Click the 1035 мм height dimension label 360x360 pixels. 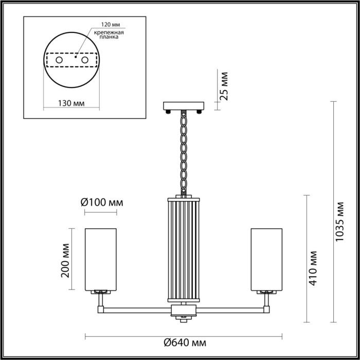pos(340,222)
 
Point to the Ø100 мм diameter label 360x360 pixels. pos(102,202)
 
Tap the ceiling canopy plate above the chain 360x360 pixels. pos(184,106)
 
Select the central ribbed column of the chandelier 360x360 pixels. pos(184,249)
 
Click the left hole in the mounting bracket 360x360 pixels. pos(59,61)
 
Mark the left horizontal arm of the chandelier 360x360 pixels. pos(137,310)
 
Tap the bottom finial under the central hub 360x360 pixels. pos(184,319)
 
